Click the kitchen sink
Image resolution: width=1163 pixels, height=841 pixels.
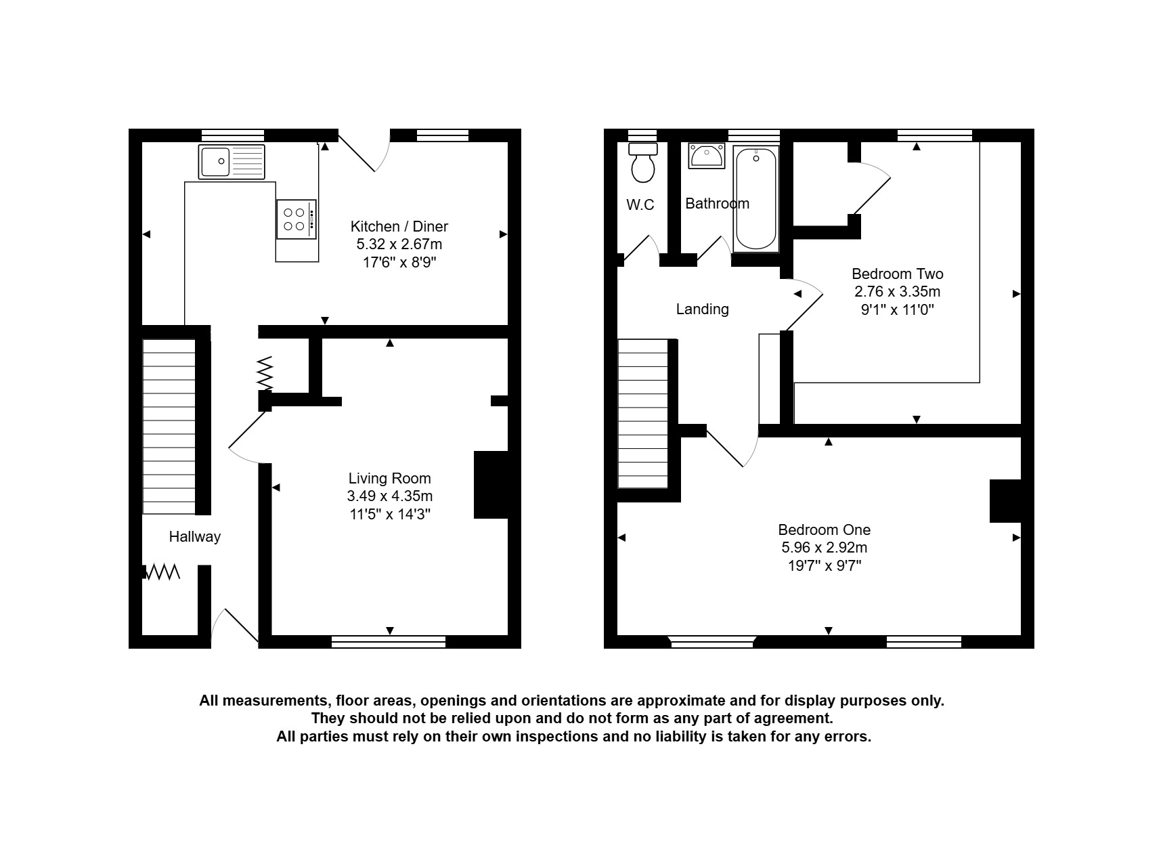tap(232, 162)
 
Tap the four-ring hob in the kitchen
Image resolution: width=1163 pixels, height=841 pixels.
tap(297, 219)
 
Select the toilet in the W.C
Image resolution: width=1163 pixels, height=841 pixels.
tap(643, 163)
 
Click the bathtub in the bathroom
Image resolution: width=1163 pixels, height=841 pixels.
tap(755, 199)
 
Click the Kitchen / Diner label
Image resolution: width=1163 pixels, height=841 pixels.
tap(399, 226)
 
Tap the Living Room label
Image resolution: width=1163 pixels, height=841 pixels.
tap(389, 478)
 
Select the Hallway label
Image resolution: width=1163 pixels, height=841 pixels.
tap(195, 537)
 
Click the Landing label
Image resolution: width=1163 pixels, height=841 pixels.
tap(703, 309)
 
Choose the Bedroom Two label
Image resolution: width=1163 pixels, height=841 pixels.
tap(898, 274)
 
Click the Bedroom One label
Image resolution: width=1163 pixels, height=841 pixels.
tap(825, 530)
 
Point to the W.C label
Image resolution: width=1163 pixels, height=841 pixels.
tap(640, 204)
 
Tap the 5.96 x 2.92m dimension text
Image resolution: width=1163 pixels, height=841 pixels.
tap(825, 548)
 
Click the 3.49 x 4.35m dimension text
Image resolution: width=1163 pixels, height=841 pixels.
tap(390, 496)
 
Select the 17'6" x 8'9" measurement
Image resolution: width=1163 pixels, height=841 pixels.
tap(400, 262)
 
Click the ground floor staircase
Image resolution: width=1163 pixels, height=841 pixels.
tap(169, 427)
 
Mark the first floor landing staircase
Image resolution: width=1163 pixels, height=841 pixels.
tap(643, 414)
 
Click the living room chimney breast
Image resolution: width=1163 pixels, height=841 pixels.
tap(491, 485)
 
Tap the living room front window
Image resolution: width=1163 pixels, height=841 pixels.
tap(389, 642)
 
